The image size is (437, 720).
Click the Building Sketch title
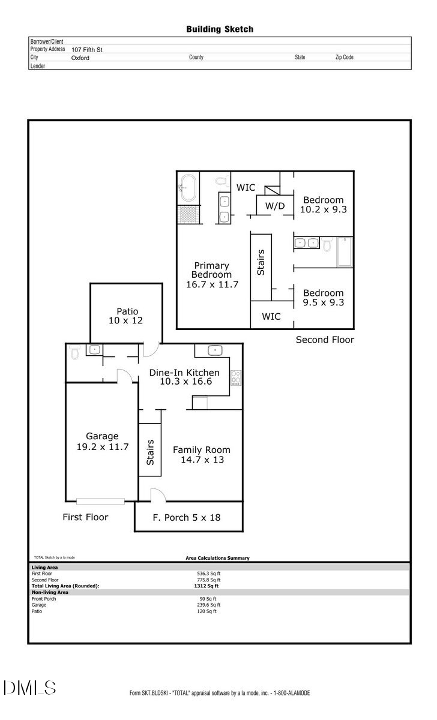[219, 29]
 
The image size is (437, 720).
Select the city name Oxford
[80, 58]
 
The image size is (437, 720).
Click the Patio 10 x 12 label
[127, 316]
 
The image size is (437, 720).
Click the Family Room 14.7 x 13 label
[201, 455]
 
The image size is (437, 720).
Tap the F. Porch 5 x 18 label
[187, 517]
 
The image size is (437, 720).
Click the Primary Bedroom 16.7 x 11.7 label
[211, 275]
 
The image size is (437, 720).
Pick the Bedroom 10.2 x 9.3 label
[323, 205]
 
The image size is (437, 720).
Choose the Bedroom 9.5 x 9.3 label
[323, 298]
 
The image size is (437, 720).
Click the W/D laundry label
[275, 206]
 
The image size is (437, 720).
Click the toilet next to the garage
[74, 351]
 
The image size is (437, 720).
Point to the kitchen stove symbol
[236, 377]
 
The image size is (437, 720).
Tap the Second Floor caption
[325, 340]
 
